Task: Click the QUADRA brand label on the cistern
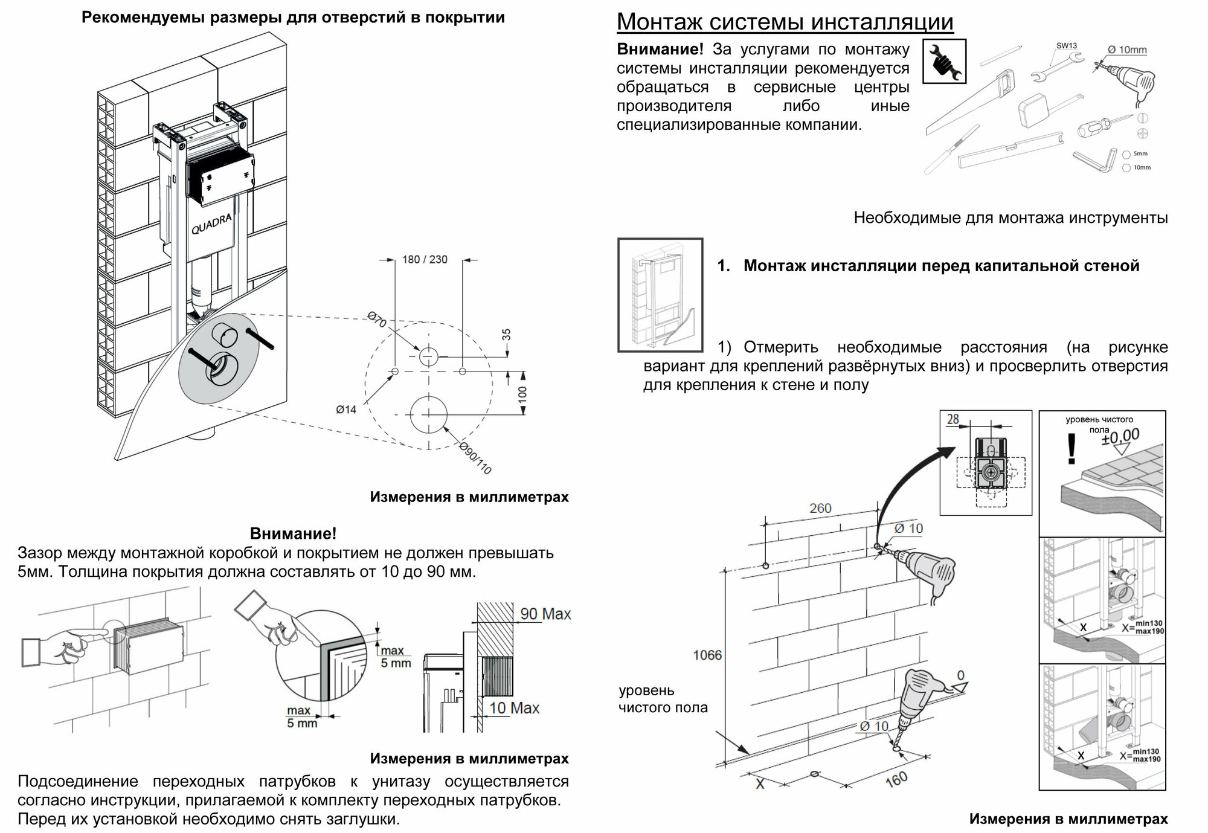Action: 211,224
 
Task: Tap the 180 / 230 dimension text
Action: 425,260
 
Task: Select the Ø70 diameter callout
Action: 377,319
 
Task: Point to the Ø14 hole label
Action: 346,410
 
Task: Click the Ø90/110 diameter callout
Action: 475,458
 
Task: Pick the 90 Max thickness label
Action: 545,614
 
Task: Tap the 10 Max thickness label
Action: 514,708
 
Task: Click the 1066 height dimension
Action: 707,655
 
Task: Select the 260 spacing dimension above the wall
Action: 820,509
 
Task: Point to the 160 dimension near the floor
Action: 896,780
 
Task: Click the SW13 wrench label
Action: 1066,46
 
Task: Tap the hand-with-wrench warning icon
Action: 944,61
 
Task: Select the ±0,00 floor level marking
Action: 1120,437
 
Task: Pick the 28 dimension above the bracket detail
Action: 953,419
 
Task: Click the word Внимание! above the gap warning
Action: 293,533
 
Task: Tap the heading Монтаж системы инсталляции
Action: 785,22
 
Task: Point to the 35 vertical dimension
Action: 507,334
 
